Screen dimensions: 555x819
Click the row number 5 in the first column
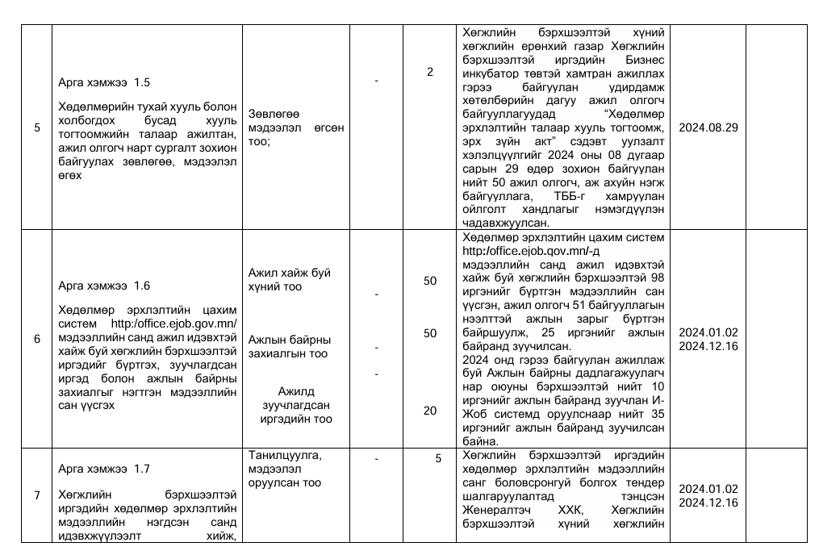click(x=36, y=127)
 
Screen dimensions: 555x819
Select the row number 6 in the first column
click(x=36, y=339)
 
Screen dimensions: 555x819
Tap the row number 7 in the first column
click(x=36, y=494)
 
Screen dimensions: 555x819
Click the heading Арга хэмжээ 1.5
click(x=103, y=82)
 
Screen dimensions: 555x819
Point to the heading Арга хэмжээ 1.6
click(x=103, y=286)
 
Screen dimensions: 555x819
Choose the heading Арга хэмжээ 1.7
click(x=103, y=468)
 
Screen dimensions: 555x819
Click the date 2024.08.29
click(x=708, y=127)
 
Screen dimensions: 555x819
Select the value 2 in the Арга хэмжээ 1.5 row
click(x=430, y=72)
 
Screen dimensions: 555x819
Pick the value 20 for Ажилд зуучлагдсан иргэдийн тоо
click(x=430, y=411)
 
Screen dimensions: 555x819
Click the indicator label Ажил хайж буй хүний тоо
click(x=290, y=280)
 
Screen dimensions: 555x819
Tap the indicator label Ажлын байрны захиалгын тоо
click(x=288, y=346)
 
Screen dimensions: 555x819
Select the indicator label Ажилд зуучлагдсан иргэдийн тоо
click(x=295, y=405)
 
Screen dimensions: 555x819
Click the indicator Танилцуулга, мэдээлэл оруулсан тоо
click(x=285, y=469)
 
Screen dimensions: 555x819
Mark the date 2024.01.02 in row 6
click(x=708, y=332)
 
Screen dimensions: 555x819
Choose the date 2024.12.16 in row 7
click(x=708, y=503)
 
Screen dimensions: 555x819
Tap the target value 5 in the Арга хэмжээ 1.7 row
click(x=438, y=459)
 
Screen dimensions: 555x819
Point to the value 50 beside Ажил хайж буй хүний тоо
click(x=430, y=281)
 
